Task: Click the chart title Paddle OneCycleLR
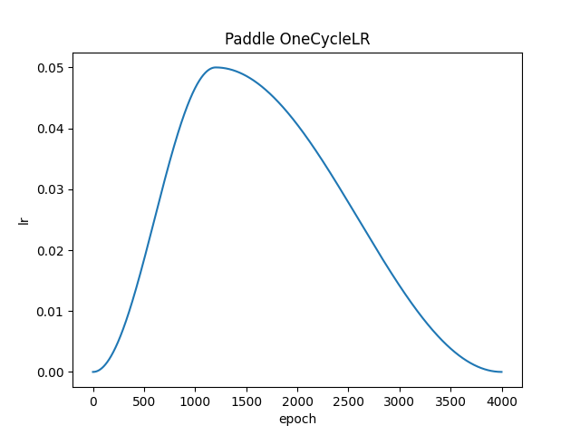(x=297, y=40)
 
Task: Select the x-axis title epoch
(x=297, y=419)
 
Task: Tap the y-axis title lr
(x=24, y=219)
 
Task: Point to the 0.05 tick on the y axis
(x=50, y=68)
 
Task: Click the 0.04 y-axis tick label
(x=50, y=129)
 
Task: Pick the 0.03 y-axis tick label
(x=50, y=189)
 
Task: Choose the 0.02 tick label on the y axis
(x=50, y=250)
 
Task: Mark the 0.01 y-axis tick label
(x=50, y=312)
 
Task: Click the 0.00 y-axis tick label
(x=50, y=372)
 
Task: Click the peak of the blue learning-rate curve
(x=216, y=67)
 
